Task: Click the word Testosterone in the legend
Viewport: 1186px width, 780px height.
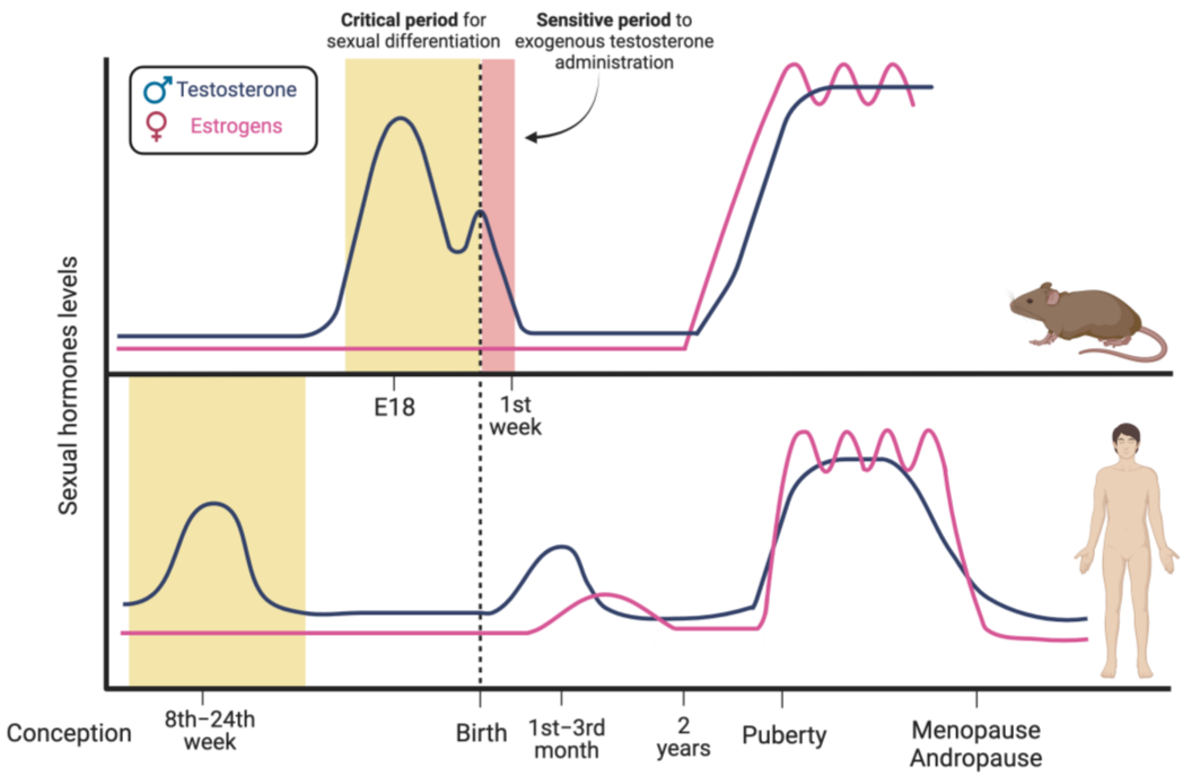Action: pyautogui.click(x=236, y=90)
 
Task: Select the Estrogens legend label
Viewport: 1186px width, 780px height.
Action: pyautogui.click(x=236, y=126)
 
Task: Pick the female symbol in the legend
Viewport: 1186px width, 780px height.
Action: pyautogui.click(x=156, y=126)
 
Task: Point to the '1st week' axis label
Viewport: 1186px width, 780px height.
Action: pyautogui.click(x=515, y=416)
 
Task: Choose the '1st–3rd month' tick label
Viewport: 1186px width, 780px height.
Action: pyautogui.click(x=566, y=739)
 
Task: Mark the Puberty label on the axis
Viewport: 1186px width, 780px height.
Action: pyautogui.click(x=784, y=736)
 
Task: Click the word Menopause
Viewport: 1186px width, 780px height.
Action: pyautogui.click(x=976, y=731)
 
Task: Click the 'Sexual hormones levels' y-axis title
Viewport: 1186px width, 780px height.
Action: pyautogui.click(x=68, y=385)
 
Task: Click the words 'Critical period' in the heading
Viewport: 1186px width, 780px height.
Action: pyautogui.click(x=399, y=20)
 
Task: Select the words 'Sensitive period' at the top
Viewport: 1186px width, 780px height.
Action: pyautogui.click(x=603, y=20)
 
